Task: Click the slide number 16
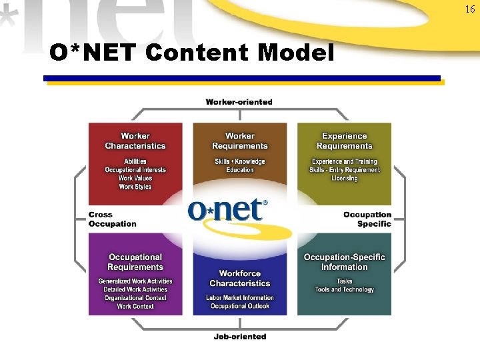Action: point(470,9)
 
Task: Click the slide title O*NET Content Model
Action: point(192,53)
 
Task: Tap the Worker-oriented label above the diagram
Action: point(239,102)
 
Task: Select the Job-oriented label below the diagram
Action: point(240,337)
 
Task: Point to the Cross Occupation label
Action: point(112,219)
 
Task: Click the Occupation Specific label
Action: point(367,219)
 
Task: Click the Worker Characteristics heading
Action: point(135,141)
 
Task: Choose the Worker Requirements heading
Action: point(240,141)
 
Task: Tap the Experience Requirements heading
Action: point(344,141)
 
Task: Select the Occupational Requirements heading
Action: point(135,262)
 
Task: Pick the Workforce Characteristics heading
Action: point(240,278)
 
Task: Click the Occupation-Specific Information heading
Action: point(344,262)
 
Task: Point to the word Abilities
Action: point(135,161)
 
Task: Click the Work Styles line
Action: point(135,187)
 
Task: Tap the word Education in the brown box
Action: point(240,170)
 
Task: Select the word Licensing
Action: point(344,179)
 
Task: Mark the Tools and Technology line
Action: point(344,290)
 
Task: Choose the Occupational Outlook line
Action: point(240,307)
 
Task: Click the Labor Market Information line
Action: point(240,298)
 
